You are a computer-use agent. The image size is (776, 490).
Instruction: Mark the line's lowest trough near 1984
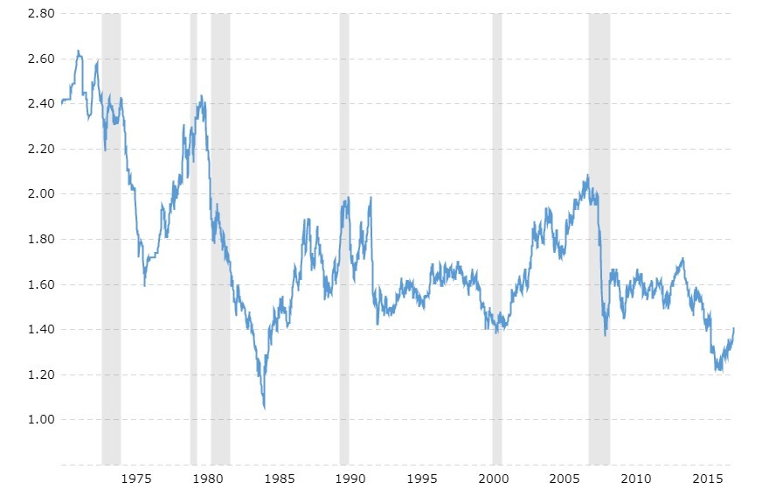point(264,408)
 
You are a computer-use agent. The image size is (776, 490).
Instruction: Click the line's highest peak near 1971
point(78,51)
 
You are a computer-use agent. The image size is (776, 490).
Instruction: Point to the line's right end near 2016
point(734,328)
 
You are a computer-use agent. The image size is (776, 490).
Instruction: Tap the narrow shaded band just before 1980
point(193,236)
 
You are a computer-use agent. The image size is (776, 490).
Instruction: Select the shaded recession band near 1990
point(344,236)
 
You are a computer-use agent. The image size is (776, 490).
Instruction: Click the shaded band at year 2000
point(497,236)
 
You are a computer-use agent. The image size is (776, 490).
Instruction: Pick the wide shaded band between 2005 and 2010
point(599,236)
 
